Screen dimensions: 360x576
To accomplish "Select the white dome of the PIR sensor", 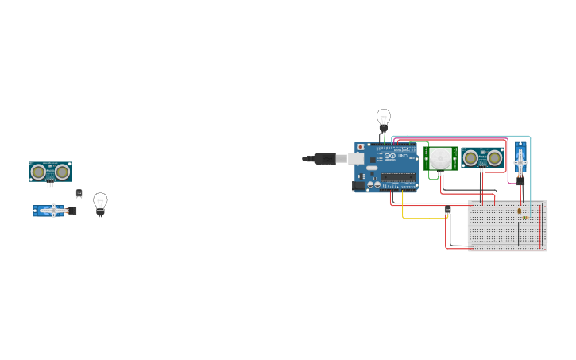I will point(439,159).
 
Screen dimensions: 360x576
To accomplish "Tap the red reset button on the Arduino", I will point(361,147).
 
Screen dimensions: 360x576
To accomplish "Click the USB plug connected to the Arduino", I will point(325,159).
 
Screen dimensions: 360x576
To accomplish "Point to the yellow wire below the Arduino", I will point(403,208).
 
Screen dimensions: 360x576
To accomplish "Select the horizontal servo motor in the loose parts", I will point(52,211).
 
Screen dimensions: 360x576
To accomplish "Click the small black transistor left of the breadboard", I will point(448,209).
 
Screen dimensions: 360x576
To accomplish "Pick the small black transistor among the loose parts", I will point(79,193).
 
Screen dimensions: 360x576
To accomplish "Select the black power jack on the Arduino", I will point(358,185).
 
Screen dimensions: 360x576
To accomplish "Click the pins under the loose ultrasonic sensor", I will point(50,184).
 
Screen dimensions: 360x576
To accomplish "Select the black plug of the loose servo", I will point(72,211).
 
